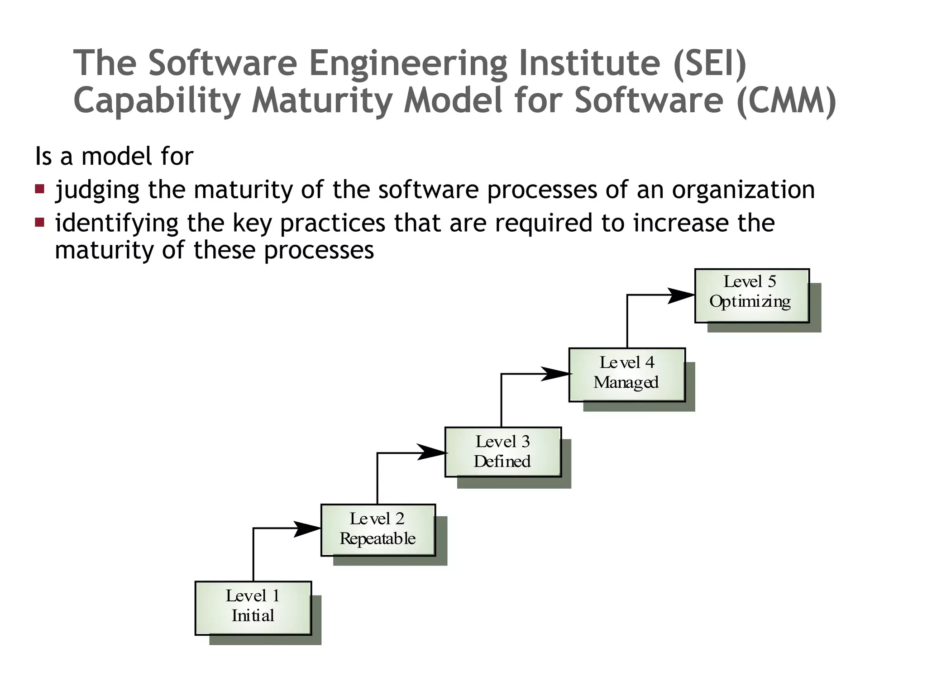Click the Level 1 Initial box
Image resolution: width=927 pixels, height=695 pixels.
(x=253, y=608)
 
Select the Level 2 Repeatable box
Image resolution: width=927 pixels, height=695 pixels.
(x=378, y=530)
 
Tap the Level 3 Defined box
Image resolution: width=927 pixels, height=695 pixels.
(x=503, y=452)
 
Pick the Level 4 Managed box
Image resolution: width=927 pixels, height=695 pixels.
(x=627, y=374)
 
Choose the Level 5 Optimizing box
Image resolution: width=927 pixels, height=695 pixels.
(x=752, y=295)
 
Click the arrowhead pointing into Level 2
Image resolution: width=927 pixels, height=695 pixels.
(x=308, y=528)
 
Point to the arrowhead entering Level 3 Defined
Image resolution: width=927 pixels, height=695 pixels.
(x=432, y=452)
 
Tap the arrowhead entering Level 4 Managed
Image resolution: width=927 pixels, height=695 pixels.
(x=556, y=374)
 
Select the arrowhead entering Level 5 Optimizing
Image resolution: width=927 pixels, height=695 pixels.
(x=681, y=295)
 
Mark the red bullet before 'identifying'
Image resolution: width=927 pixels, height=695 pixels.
(x=40, y=222)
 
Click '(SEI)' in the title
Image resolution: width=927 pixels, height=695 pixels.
(x=710, y=63)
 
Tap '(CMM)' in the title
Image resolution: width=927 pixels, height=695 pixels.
(x=786, y=100)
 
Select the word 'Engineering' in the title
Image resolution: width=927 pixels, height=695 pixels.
(x=408, y=63)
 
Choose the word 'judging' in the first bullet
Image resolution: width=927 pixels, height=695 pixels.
(x=97, y=190)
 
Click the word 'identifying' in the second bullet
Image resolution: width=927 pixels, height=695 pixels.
(x=117, y=223)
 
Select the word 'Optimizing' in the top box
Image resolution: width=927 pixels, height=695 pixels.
(x=750, y=301)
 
